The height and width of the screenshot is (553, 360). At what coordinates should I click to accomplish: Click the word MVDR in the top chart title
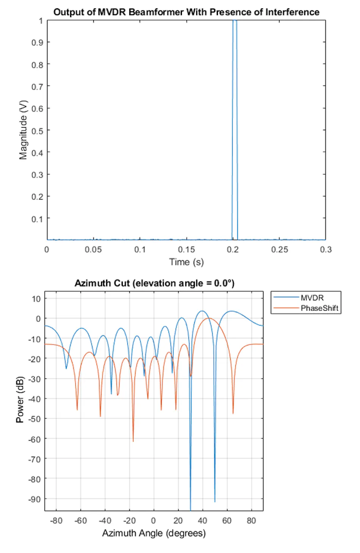[x=112, y=12]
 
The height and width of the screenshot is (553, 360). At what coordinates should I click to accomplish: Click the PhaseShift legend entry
[x=306, y=308]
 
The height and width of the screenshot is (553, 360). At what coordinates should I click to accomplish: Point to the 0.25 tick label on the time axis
[x=279, y=250]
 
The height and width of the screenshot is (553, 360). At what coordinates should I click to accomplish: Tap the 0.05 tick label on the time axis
[x=93, y=250]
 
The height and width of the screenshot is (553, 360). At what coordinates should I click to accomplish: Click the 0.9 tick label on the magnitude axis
[x=37, y=42]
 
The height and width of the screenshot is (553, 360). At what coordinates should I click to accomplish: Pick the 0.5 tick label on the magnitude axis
[x=37, y=131]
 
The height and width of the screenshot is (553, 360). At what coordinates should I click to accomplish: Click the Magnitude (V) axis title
[x=23, y=130]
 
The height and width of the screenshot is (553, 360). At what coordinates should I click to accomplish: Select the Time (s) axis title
[x=186, y=262]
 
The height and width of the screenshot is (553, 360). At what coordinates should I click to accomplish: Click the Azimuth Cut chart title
[x=154, y=283]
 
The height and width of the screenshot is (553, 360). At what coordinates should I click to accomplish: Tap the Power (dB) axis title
[x=20, y=400]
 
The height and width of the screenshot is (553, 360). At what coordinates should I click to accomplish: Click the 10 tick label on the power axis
[x=36, y=299]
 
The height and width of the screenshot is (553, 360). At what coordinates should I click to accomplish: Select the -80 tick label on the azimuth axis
[x=56, y=521]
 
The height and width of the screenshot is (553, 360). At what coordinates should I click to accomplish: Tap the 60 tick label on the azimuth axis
[x=227, y=521]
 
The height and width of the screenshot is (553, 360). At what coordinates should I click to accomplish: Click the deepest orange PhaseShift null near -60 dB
[x=133, y=441]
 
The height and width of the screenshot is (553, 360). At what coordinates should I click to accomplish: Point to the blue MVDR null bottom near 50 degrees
[x=215, y=501]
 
